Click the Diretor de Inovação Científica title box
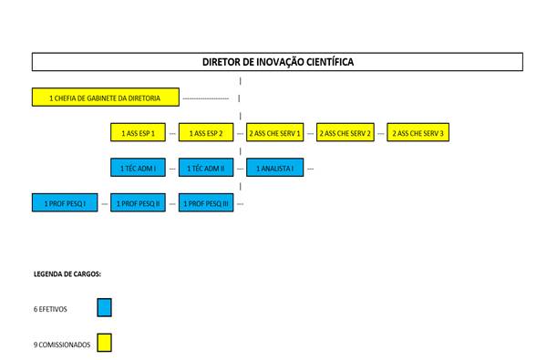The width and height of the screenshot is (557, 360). point(277,62)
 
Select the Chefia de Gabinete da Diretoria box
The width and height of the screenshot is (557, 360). point(106,98)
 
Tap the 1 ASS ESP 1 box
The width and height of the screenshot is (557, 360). point(138,132)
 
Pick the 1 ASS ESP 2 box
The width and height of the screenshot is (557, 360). point(206,132)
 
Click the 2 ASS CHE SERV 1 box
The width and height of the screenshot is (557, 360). point(275,132)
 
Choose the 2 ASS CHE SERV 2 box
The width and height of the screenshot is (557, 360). point(346,132)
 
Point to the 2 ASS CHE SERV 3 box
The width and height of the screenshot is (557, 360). point(418,132)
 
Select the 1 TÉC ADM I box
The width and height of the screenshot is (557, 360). point(138,167)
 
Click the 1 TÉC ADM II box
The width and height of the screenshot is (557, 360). point(206,167)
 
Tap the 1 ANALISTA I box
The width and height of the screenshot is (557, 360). point(275,167)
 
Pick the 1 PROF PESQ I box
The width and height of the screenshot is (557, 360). point(65,202)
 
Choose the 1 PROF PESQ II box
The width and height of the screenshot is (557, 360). point(138,202)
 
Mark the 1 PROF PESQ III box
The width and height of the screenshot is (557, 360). point(206,202)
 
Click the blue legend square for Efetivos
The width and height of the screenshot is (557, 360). point(105,307)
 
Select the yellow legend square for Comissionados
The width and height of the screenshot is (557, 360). point(105,343)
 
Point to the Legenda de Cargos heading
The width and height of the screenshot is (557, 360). point(67,274)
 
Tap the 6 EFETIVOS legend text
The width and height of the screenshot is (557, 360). point(50,309)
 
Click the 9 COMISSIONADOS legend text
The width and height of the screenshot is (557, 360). point(62,345)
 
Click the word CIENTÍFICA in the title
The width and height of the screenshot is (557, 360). point(330,62)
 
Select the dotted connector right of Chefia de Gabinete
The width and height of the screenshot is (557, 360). point(205,98)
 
